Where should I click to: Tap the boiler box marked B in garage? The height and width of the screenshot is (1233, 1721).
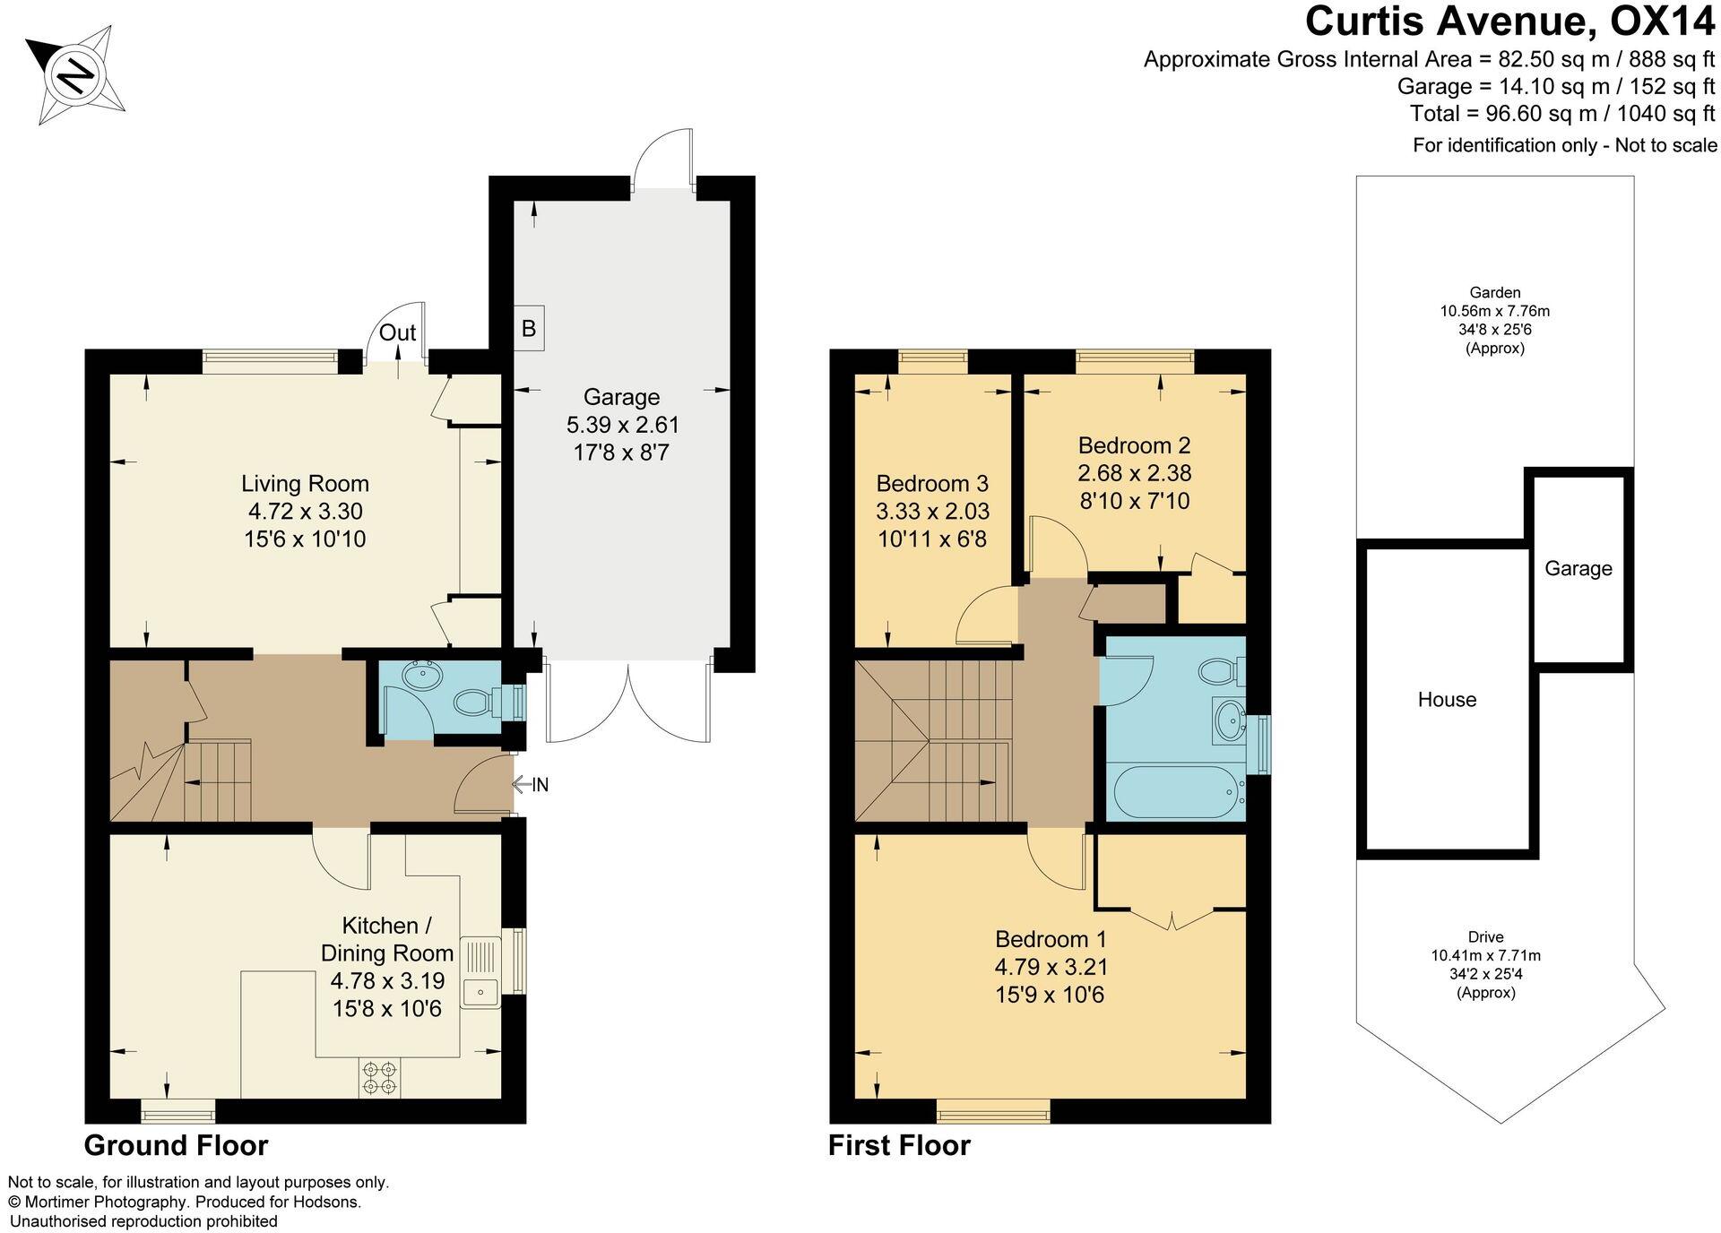click(x=529, y=328)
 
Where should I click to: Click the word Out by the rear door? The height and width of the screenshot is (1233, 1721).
click(x=397, y=332)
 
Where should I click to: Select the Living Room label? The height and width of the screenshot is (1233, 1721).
click(x=305, y=484)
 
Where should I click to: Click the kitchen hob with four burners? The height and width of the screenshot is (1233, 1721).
click(x=380, y=1078)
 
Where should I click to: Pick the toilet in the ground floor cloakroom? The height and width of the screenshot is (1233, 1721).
click(x=474, y=702)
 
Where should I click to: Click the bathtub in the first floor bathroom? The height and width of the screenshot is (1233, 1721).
click(x=1174, y=792)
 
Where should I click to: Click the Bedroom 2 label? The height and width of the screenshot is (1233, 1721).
click(x=1134, y=445)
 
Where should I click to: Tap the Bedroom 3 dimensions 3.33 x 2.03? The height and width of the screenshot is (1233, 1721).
click(x=932, y=512)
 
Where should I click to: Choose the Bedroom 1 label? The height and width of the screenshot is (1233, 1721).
click(x=1051, y=939)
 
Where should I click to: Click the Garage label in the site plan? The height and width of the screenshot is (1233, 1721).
click(x=1578, y=568)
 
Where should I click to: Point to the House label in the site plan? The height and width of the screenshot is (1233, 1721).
click(x=1447, y=700)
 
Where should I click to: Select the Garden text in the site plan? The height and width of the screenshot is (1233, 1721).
click(x=1494, y=292)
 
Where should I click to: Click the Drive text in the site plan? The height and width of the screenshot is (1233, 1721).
click(x=1485, y=936)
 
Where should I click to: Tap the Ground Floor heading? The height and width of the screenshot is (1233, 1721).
click(x=176, y=1145)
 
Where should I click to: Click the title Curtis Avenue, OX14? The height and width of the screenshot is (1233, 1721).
click(x=1510, y=22)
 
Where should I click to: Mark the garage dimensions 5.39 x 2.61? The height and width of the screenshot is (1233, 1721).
click(x=622, y=425)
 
